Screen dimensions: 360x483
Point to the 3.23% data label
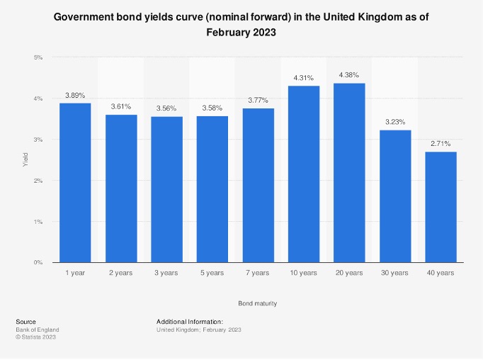point(395,122)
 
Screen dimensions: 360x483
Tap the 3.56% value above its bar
point(167,108)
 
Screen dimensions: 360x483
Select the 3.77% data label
point(258,100)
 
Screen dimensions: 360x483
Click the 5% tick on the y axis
point(38,57)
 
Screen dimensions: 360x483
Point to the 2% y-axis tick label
point(38,181)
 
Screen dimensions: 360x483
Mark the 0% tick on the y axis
point(38,263)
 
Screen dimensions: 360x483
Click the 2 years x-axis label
point(121,274)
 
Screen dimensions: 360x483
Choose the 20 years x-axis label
point(349,274)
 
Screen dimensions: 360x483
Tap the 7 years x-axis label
point(258,274)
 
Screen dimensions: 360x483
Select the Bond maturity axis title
point(258,303)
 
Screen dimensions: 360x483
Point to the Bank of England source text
point(37,330)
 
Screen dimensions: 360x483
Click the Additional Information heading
point(190,322)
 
